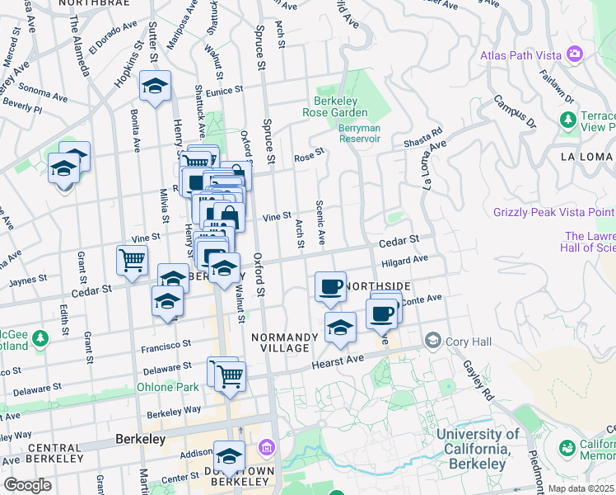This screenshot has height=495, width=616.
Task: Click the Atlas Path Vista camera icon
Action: point(575,55)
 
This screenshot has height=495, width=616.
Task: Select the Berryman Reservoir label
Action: point(360,133)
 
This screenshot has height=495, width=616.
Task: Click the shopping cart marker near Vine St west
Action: point(132,261)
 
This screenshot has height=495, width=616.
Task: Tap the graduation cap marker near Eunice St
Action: point(154,87)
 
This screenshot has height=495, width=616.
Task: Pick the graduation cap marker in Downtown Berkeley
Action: point(229,455)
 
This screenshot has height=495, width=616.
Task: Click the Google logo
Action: point(27,485)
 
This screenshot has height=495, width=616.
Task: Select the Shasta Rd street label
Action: point(423,137)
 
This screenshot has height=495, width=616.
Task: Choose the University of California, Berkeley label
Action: point(478,449)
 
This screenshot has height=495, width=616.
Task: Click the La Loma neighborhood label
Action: point(585,157)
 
